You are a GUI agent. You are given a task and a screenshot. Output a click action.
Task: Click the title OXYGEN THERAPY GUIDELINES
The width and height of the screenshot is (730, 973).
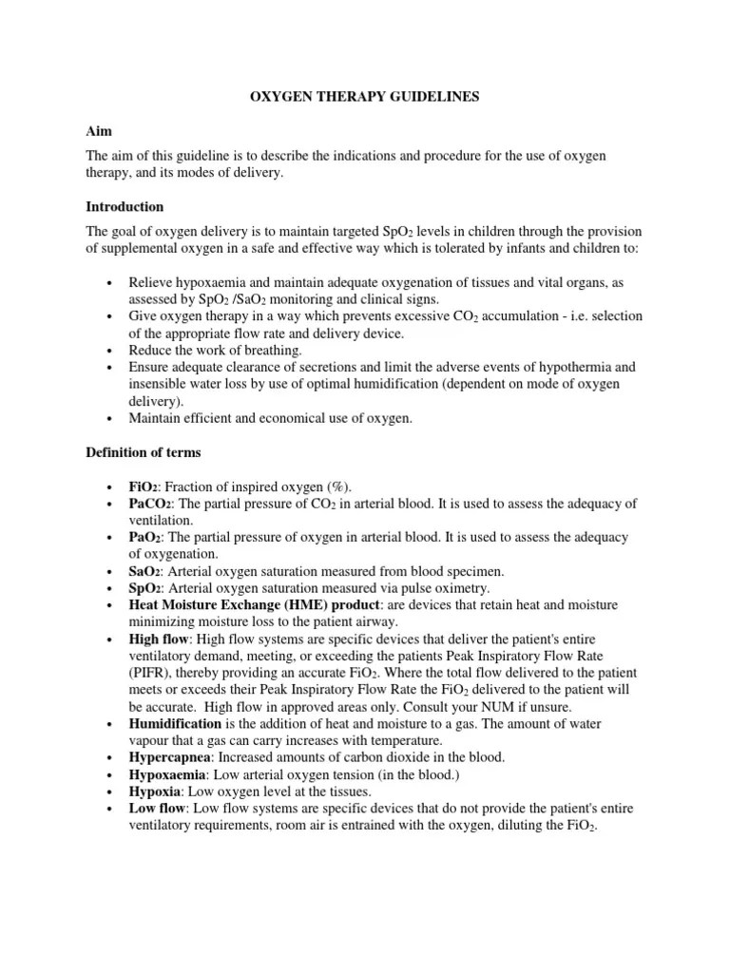(365, 96)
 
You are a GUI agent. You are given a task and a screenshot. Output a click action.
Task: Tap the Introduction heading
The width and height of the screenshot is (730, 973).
(125, 206)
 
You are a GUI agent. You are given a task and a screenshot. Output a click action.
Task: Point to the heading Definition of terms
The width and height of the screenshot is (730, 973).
(143, 452)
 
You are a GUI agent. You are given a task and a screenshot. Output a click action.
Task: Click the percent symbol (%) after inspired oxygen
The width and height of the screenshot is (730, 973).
(337, 486)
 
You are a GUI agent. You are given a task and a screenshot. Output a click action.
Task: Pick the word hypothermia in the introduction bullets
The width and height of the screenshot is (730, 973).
(589, 367)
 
